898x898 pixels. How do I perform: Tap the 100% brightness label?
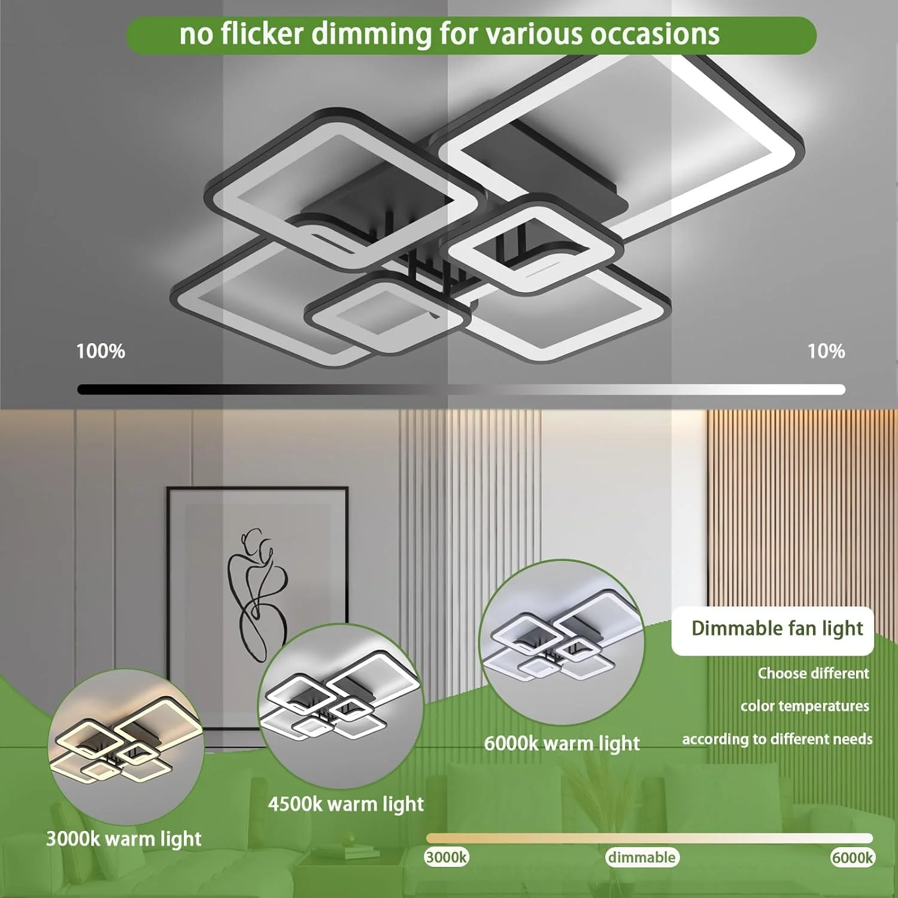click(x=101, y=351)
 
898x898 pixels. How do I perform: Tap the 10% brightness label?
click(x=826, y=351)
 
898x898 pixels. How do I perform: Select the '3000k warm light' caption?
click(x=124, y=839)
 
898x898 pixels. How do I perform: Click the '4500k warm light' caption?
click(x=346, y=804)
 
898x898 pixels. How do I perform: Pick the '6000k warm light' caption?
click(x=562, y=744)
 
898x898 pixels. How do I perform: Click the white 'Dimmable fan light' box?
click(x=773, y=631)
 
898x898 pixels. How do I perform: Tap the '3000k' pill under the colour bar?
click(x=447, y=857)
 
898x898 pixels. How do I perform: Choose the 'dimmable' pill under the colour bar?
click(x=642, y=857)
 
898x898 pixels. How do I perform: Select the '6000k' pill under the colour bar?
click(x=853, y=857)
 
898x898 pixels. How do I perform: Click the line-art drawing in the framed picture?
click(x=257, y=594)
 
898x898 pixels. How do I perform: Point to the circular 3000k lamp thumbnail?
click(x=126, y=747)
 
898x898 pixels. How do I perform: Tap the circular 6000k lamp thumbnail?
click(x=562, y=642)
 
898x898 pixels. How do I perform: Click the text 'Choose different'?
click(x=813, y=673)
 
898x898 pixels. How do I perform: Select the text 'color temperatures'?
click(x=805, y=706)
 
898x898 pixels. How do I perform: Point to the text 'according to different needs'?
click(x=777, y=739)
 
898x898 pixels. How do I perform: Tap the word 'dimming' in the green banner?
click(x=371, y=35)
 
